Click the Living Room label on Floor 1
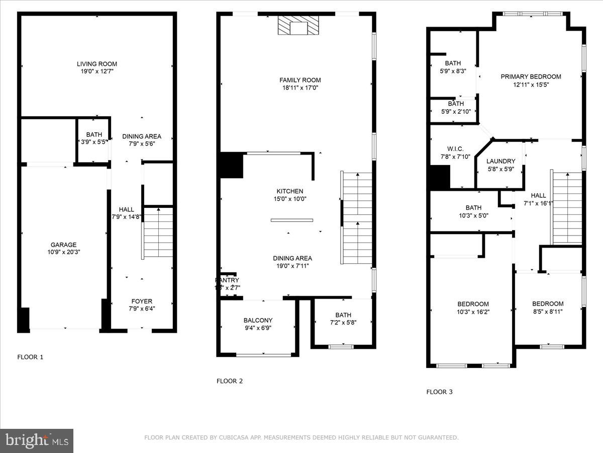coord(97,64)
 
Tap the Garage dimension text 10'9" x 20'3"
coord(63,252)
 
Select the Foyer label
coord(142,301)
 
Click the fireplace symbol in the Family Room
coord(298,25)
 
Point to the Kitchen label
coord(290,191)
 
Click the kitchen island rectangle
coord(291,220)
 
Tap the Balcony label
coord(258,320)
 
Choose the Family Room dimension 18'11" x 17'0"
coord(300,88)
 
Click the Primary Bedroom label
coord(531,77)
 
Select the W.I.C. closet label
coord(455,149)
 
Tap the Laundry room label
coord(500,161)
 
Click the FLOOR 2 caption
coord(230,381)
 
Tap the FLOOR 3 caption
coord(440,392)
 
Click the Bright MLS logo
coord(37,440)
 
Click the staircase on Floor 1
coord(158,233)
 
